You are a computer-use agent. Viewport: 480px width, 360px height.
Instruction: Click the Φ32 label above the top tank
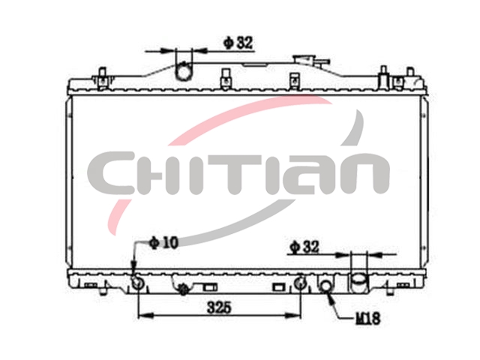[x=238, y=43]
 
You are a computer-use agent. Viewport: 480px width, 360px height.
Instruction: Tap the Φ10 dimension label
[x=163, y=243]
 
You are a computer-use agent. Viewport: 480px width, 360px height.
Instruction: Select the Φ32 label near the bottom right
[x=304, y=247]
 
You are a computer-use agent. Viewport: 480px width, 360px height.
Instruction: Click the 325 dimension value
[x=219, y=307]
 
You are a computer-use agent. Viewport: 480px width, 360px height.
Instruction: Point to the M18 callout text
[x=368, y=318]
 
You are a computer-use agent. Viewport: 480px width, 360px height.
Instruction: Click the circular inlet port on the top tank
[x=184, y=73]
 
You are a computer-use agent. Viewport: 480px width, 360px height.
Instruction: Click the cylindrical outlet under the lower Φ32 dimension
[x=358, y=282]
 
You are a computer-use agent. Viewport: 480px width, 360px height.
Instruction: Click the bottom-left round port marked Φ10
[x=137, y=282]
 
